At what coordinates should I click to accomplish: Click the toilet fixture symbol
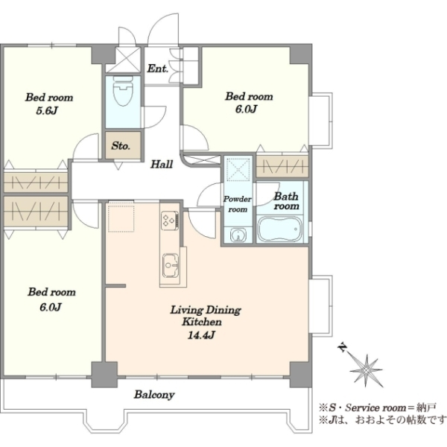[x=123, y=91]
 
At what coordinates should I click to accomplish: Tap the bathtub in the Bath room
[x=280, y=229]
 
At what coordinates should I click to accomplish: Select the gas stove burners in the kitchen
[x=170, y=221]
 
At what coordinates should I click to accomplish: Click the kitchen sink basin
[x=171, y=265]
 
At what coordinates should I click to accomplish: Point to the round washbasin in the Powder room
[x=237, y=235]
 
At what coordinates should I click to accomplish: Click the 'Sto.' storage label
[x=121, y=146]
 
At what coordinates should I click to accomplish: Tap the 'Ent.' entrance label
[x=158, y=69]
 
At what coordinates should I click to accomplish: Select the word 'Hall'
[x=162, y=164]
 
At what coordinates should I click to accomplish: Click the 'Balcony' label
[x=154, y=395]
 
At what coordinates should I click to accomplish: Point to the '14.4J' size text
[x=201, y=335]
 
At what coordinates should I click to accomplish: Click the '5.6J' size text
[x=47, y=110]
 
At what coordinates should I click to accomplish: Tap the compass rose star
[x=366, y=370]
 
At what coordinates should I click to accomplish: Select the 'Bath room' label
[x=286, y=201]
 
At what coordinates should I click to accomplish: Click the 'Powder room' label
[x=238, y=204]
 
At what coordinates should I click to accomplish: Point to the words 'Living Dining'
[x=206, y=310]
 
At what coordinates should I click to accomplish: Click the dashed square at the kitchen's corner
[x=121, y=218]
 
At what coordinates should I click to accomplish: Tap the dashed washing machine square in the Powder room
[x=238, y=169]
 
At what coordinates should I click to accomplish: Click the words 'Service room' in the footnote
[x=375, y=408]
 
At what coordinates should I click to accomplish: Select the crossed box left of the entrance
[x=123, y=60]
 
